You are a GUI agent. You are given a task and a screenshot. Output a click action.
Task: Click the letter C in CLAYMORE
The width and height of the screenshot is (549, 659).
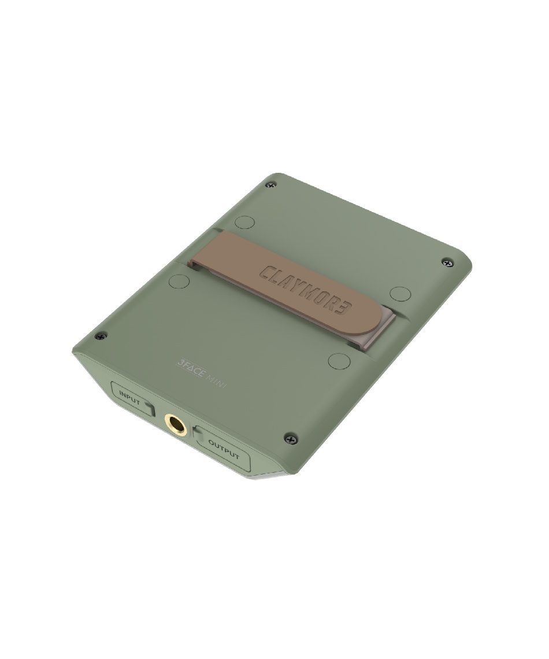click(x=267, y=272)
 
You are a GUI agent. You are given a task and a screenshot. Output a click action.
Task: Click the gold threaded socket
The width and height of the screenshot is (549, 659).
click(x=175, y=424)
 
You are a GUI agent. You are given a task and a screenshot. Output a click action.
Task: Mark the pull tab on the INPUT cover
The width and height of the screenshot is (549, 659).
click(x=149, y=408)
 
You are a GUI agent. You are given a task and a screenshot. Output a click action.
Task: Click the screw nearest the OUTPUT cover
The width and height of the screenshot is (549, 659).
click(x=291, y=439)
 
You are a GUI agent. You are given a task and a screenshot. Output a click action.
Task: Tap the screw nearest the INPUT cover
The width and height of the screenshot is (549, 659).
click(x=101, y=336)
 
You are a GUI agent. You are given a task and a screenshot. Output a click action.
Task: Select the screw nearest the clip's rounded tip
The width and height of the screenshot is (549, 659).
click(x=447, y=262)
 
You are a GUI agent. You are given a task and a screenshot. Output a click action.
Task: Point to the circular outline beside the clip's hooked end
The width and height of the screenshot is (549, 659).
click(x=179, y=282)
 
